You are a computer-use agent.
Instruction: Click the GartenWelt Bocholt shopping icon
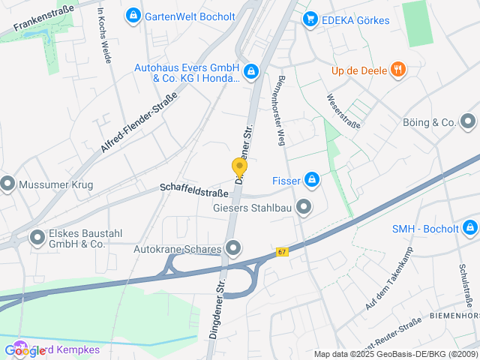tap(133, 15)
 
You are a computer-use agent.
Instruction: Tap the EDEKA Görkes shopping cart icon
tap(309, 19)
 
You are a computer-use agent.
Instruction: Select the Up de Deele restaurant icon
tap(398, 70)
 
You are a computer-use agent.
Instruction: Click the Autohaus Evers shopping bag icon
tap(251, 72)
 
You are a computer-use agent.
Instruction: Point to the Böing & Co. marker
tap(469, 121)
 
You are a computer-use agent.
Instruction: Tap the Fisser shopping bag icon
tap(311, 180)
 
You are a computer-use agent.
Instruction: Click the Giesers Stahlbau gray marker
tap(304, 206)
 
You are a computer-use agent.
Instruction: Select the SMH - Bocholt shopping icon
tap(469, 227)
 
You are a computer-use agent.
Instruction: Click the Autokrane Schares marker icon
tap(233, 247)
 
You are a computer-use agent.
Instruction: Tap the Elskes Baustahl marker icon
tap(37, 238)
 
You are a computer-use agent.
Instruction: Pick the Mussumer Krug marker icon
tap(8, 182)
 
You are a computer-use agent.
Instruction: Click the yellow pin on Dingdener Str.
tap(239, 167)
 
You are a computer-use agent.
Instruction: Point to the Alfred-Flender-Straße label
tap(139, 123)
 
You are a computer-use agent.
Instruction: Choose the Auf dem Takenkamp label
tap(389, 288)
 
